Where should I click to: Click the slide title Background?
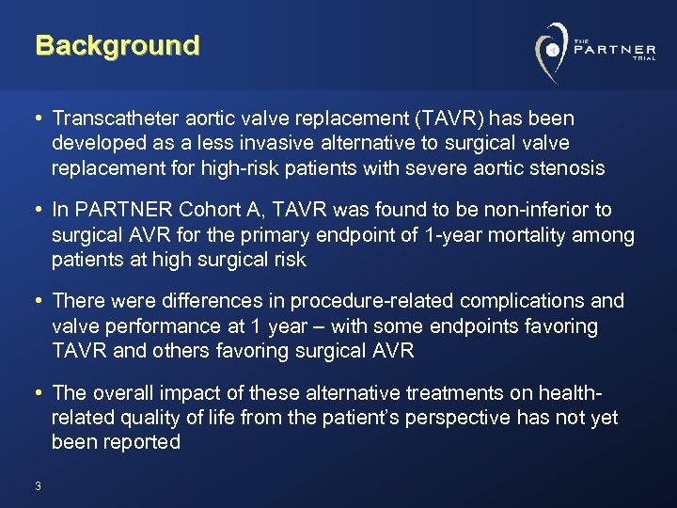[118, 45]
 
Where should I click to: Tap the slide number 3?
[37, 486]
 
